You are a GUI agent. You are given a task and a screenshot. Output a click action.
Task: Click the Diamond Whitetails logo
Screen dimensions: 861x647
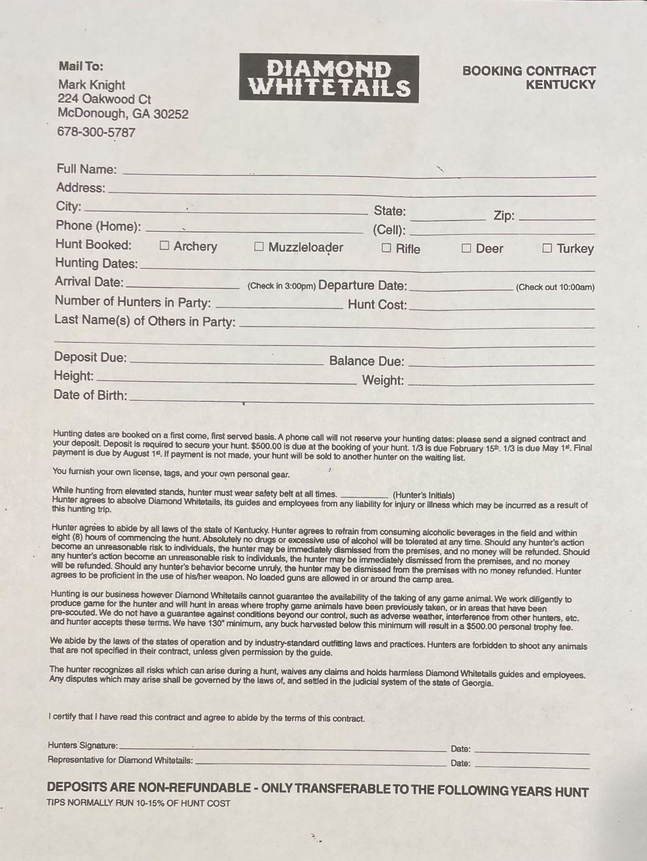329,79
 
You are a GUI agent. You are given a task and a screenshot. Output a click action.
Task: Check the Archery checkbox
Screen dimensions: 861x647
164,246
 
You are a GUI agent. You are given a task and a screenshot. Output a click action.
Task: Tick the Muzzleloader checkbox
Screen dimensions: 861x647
259,247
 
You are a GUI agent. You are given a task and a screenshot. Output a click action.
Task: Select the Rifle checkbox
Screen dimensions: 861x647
386,248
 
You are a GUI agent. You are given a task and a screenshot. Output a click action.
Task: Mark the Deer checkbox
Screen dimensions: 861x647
466,248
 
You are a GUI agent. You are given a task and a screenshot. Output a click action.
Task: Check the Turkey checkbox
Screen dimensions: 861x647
548,248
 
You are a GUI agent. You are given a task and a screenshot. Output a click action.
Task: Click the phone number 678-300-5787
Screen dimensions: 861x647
96,132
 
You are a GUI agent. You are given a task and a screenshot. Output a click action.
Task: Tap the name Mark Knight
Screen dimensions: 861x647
91,85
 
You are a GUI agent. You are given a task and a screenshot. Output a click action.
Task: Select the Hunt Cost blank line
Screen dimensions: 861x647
502,308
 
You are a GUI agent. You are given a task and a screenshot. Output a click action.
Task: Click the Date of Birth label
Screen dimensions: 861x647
90,395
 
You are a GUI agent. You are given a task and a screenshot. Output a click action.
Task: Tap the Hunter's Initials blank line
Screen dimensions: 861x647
364,496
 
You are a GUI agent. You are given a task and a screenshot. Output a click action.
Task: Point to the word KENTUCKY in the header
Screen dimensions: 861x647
560,85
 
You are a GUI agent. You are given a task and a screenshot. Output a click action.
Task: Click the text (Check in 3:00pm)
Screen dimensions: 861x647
281,286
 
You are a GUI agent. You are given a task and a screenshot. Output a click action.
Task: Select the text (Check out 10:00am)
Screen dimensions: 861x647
555,287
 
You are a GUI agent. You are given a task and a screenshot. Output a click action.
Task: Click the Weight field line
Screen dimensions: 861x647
501,383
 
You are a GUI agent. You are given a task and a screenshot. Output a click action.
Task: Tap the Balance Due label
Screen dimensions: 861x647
366,361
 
